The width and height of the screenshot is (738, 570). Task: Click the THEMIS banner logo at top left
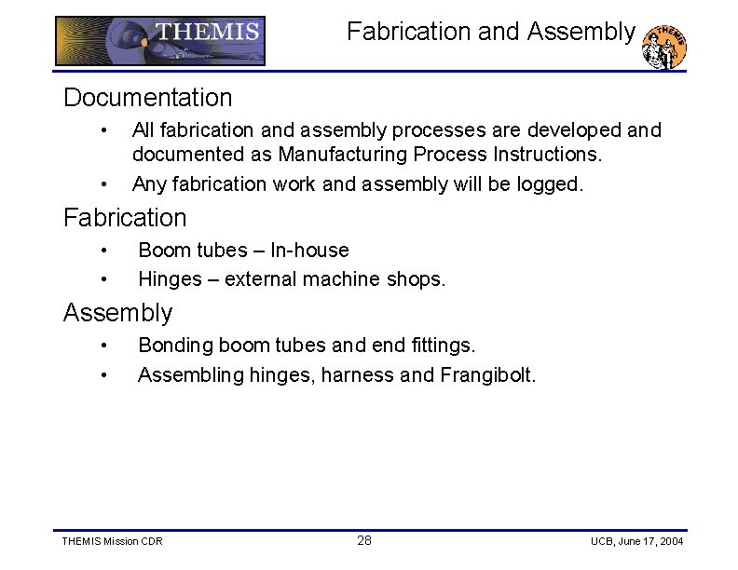pyautogui.click(x=160, y=40)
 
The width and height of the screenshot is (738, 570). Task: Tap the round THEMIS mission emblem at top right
pyautogui.click(x=665, y=47)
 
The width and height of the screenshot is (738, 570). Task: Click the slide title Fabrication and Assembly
pyautogui.click(x=491, y=32)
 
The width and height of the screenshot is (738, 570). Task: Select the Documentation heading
pyautogui.click(x=147, y=97)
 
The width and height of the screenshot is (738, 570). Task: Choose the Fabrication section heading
pyautogui.click(x=125, y=218)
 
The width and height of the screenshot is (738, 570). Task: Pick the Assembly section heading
pyautogui.click(x=117, y=313)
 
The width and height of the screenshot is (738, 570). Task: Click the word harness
pyautogui.click(x=357, y=375)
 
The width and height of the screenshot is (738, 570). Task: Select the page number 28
pyautogui.click(x=364, y=541)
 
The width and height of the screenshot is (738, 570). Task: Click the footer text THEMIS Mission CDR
pyautogui.click(x=111, y=542)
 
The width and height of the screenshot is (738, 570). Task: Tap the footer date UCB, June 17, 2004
pyautogui.click(x=636, y=542)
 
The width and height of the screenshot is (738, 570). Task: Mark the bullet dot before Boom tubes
pyautogui.click(x=106, y=251)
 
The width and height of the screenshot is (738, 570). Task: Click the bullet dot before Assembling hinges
pyautogui.click(x=106, y=375)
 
